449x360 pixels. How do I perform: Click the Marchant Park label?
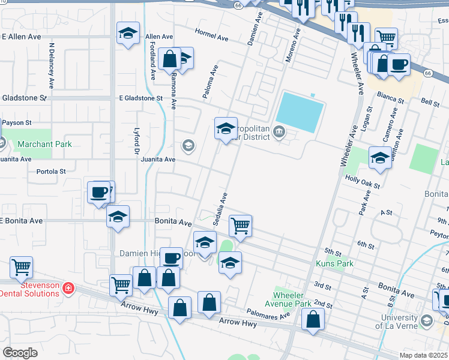[44, 144]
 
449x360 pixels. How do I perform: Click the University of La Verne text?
[396, 322]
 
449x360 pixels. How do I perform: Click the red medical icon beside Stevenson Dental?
[68, 289]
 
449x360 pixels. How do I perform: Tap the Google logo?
[20, 352]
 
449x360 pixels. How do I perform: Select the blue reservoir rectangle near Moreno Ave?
[300, 112]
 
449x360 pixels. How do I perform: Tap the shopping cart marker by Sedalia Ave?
[240, 226]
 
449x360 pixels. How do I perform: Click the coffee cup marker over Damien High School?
[171, 258]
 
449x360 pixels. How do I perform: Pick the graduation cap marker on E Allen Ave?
[128, 34]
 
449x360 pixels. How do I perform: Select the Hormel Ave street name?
[211, 37]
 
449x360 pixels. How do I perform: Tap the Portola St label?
[51, 171]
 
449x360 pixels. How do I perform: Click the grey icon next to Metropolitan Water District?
[279, 131]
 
